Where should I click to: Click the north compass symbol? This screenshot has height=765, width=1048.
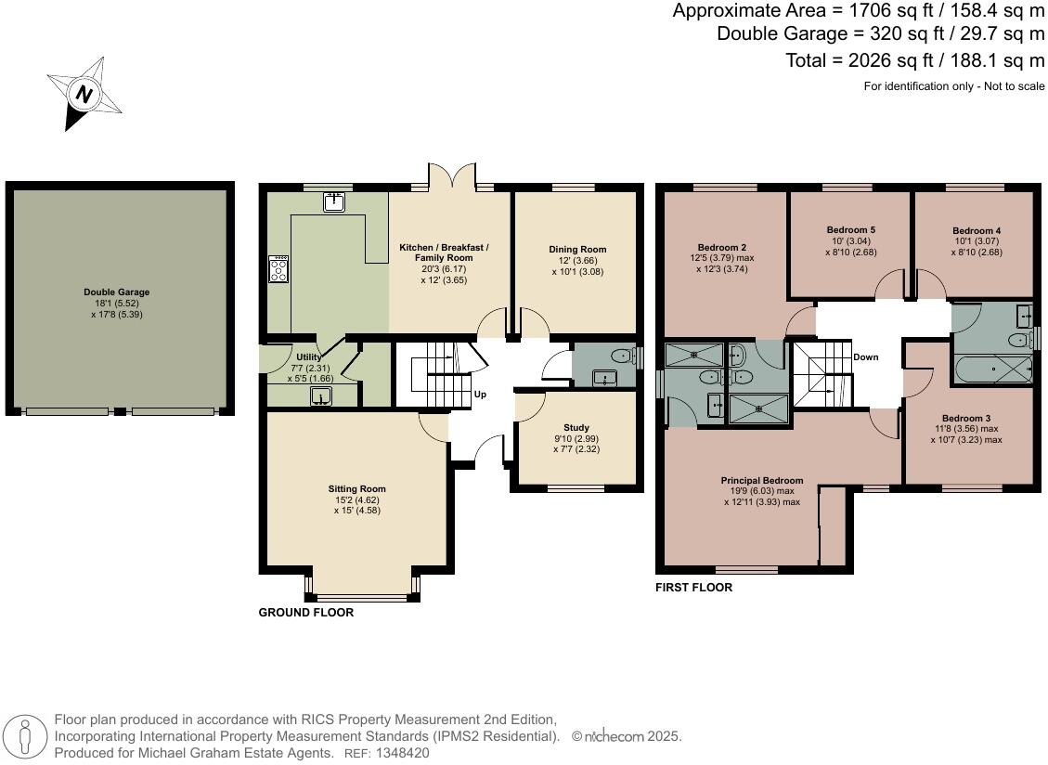click(84, 94)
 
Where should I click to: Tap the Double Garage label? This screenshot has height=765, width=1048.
click(116, 292)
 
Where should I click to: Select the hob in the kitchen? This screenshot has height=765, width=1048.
click(278, 269)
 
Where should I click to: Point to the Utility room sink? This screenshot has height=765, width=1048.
click(320, 397)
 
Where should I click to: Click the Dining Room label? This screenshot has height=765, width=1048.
click(577, 249)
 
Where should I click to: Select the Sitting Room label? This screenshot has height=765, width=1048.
click(356, 488)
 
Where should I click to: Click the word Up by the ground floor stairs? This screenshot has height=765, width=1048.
click(480, 395)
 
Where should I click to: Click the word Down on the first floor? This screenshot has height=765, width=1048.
click(865, 357)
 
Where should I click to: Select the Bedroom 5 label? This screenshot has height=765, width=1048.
click(850, 229)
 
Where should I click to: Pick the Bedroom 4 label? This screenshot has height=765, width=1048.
click(977, 230)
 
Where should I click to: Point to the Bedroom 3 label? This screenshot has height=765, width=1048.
click(965, 418)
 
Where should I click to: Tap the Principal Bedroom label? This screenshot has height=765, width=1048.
click(761, 480)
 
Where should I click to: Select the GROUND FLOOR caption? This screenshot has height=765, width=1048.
click(305, 613)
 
